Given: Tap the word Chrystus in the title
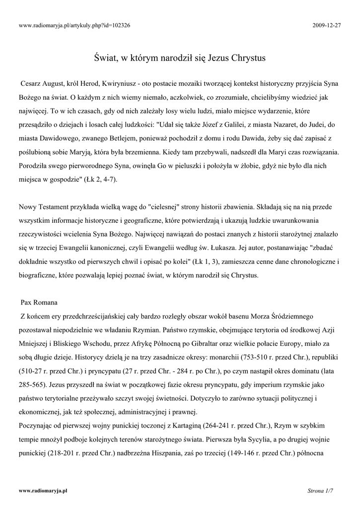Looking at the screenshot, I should (x=247, y=58).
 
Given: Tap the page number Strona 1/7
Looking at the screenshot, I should (x=320, y=491).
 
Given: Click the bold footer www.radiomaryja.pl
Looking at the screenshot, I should (x=43, y=491).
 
